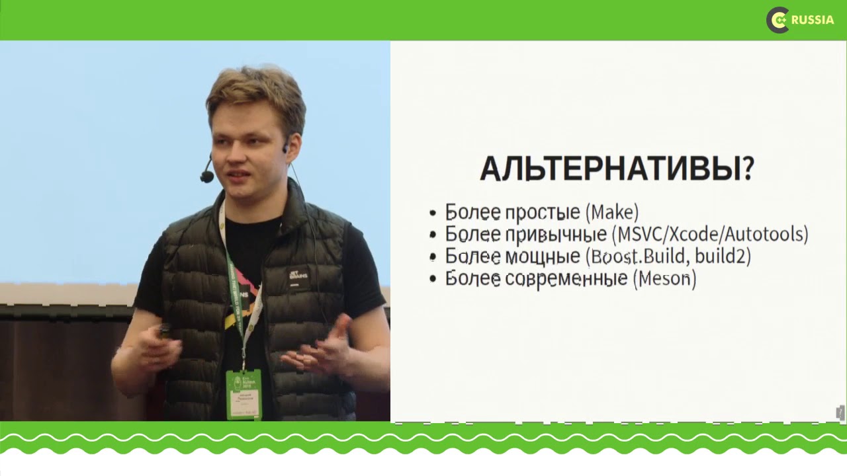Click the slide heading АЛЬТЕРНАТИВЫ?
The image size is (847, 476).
click(x=616, y=169)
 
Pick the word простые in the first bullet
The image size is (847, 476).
click(x=543, y=212)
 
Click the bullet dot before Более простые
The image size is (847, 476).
click(x=433, y=214)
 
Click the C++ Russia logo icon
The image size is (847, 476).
click(x=778, y=20)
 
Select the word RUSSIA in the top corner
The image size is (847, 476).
click(x=813, y=20)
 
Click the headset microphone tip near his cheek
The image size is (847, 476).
click(x=207, y=177)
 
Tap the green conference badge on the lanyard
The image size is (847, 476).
click(x=244, y=394)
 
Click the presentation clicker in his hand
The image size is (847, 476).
click(x=163, y=329)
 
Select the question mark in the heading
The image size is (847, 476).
click(x=748, y=169)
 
